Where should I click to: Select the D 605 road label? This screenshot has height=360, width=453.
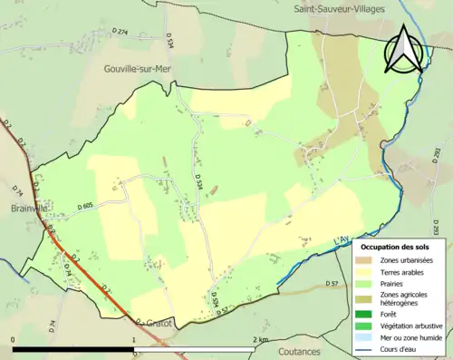(x=86, y=207)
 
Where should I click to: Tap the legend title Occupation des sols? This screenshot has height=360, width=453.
(x=397, y=247)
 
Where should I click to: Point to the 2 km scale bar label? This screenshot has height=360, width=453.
(x=261, y=339)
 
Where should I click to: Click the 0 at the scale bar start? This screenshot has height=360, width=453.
(x=13, y=339)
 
